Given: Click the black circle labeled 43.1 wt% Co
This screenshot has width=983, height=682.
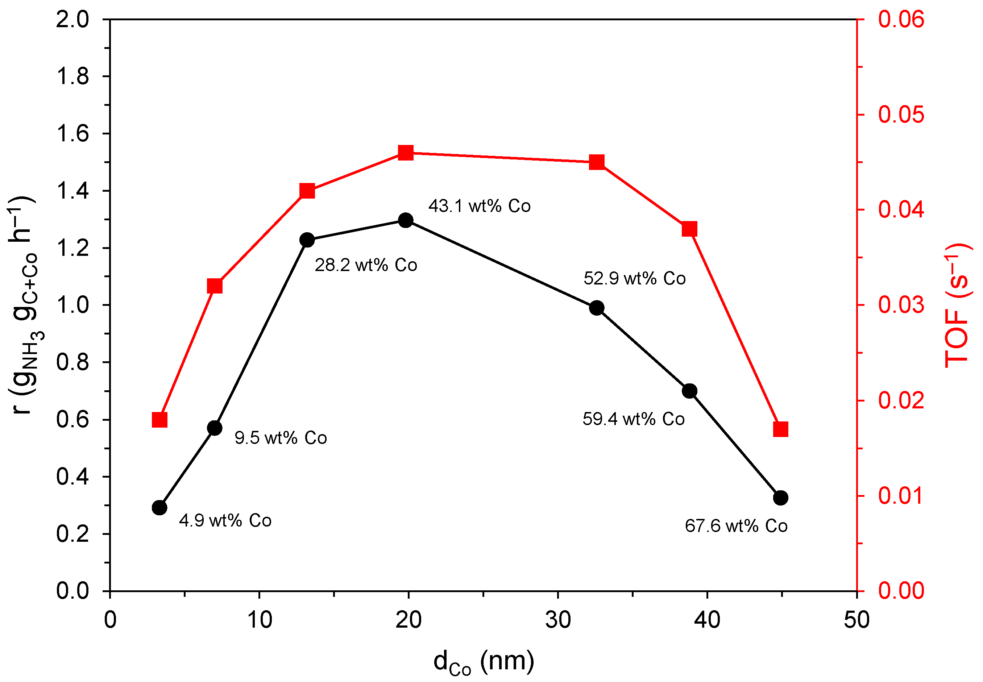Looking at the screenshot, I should coord(406,220).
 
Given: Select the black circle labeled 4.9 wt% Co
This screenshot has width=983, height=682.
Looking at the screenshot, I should coord(159,508).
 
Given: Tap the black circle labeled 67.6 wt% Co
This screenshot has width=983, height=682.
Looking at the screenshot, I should coord(780,498).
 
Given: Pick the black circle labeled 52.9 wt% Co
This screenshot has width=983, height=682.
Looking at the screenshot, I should coord(597,308).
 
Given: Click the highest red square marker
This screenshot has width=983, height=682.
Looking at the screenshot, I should coord(406,153).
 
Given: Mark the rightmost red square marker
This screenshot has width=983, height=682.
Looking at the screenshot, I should coord(780,429).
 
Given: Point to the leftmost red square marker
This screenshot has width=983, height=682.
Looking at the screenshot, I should coord(159,420).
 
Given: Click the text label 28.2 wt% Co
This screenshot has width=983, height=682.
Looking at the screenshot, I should coord(366,265).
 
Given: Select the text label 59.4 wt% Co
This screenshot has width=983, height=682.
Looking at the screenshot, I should coord(633,419).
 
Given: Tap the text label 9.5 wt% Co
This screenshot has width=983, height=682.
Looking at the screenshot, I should coord(281,438).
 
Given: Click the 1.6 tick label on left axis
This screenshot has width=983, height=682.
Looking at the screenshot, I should coord(72,134).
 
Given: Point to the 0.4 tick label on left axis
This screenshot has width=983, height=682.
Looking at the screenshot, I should coord(72,477).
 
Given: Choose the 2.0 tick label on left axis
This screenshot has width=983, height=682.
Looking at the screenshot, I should coord(72,20).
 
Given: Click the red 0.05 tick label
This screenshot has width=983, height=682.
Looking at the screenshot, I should coord(901,115).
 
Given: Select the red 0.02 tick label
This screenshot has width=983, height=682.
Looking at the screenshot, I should coord(901,400).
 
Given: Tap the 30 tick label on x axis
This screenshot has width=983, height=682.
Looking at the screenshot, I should coord(558,620).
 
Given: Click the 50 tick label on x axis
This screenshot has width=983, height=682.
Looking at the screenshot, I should coord(856,620).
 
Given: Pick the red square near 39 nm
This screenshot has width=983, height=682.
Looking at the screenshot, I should coord(689,229).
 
